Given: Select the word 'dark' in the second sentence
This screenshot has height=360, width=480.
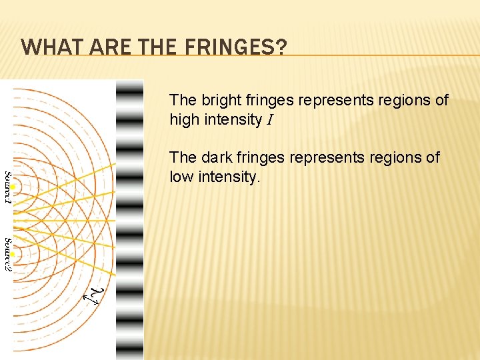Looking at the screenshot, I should (214, 157).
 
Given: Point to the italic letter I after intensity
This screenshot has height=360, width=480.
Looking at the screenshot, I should (269, 121).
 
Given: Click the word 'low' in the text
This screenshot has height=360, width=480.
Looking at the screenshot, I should (181, 177).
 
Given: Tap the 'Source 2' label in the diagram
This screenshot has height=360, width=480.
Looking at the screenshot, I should (7, 254).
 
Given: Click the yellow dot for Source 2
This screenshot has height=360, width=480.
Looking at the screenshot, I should (14, 254).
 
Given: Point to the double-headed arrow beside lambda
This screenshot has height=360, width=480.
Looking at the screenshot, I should (90, 298).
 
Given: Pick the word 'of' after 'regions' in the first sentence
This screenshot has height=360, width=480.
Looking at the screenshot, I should (441, 100).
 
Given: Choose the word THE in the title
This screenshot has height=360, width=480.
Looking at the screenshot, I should (159, 47).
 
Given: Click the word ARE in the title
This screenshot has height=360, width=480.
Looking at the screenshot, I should (105, 47).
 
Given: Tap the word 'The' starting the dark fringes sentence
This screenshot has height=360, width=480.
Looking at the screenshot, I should (182, 157).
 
